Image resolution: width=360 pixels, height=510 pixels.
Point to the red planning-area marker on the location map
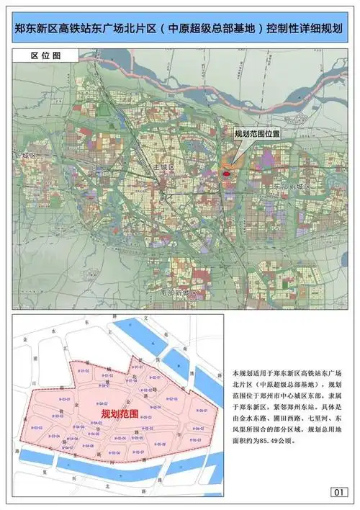tap(226, 173)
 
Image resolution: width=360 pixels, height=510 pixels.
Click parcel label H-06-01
tap(202, 411)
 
